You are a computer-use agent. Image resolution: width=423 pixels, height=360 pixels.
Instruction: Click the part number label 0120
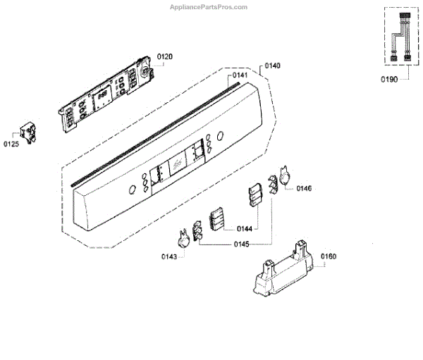pos(164,56)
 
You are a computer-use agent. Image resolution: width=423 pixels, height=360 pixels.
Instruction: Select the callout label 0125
pos(11,145)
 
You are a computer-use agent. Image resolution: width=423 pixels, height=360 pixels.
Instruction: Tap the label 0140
pos(272,66)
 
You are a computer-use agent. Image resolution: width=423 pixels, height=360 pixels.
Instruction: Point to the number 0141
pos(240,75)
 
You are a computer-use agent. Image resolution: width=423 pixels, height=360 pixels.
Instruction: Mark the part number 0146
pos(304,188)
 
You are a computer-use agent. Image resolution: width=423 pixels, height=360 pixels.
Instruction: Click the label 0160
pos(329,256)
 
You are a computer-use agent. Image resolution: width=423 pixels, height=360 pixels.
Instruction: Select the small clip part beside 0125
pos(28,132)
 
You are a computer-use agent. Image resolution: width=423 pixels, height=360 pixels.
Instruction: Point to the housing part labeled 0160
pos(281,271)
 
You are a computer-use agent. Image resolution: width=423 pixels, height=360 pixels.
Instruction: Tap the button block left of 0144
pos(219,219)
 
